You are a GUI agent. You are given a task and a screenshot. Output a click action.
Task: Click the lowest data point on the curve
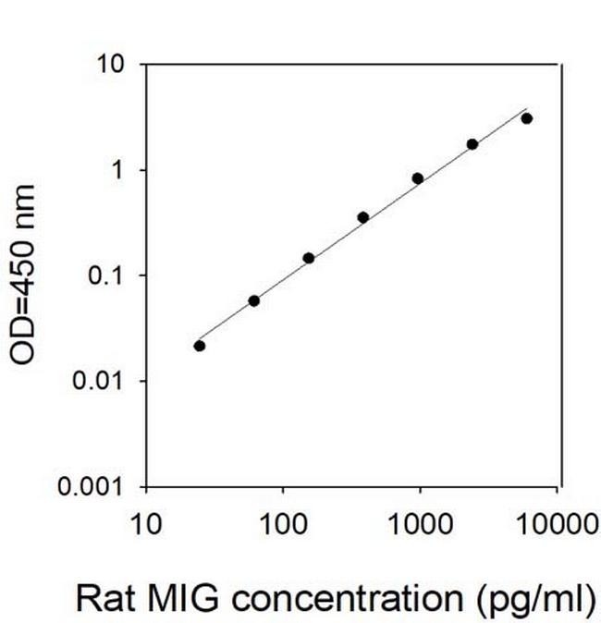click(x=200, y=346)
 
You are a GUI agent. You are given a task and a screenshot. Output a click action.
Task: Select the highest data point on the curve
click(x=527, y=118)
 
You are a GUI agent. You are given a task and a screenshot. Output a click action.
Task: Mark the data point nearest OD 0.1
click(x=309, y=258)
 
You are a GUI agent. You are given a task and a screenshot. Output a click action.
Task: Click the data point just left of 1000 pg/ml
click(x=418, y=178)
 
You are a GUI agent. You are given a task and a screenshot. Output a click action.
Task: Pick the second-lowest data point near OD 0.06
click(x=254, y=300)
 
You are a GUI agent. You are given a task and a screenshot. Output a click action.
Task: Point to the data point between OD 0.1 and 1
click(x=363, y=217)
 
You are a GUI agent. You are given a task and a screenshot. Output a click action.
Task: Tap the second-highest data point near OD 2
click(x=472, y=144)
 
